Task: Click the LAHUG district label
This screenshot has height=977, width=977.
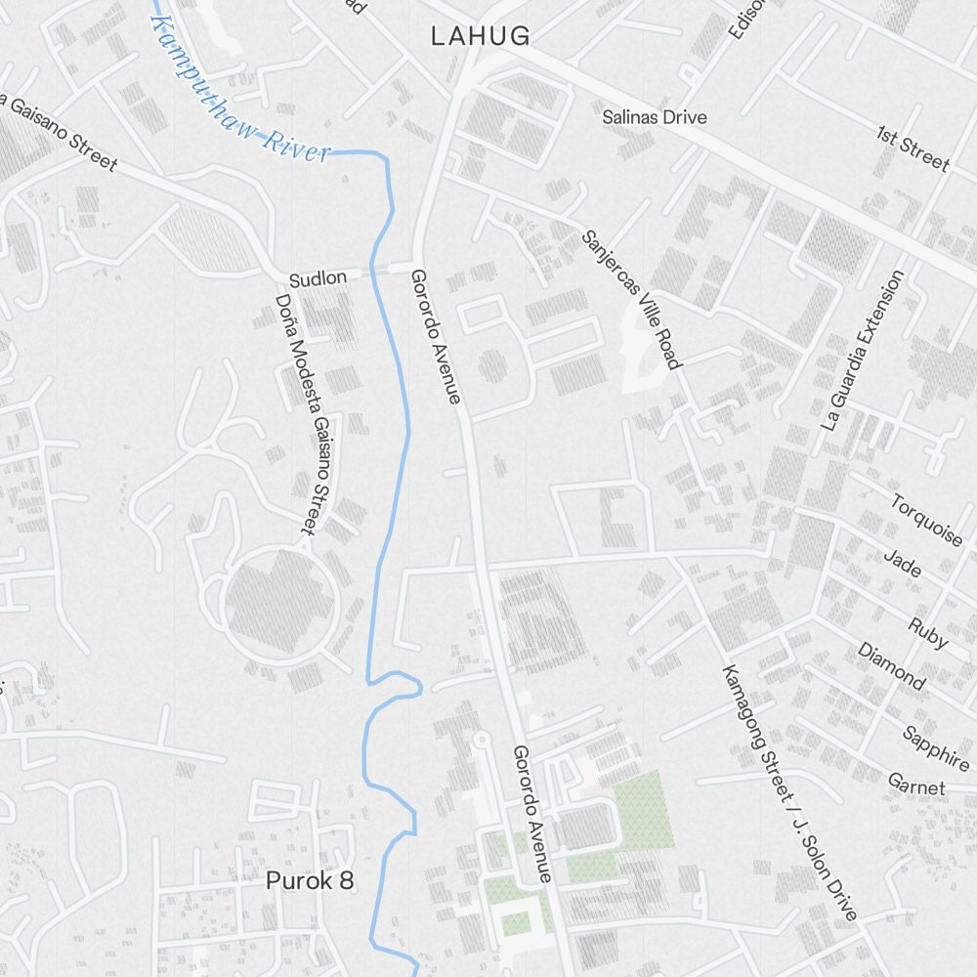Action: pyautogui.click(x=481, y=37)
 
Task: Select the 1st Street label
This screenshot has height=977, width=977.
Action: pyautogui.click(x=913, y=148)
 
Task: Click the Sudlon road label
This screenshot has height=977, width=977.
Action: pyautogui.click(x=318, y=278)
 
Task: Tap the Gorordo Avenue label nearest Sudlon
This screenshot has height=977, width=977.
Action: pyautogui.click(x=435, y=336)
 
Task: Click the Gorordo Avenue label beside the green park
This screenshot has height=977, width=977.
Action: pyautogui.click(x=533, y=814)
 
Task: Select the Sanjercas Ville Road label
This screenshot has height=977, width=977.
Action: pyautogui.click(x=630, y=299)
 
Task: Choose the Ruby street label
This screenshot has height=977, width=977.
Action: pyautogui.click(x=927, y=633)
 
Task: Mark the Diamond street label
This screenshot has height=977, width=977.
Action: pyautogui.click(x=891, y=665)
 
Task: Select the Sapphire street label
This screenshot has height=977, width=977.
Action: pyautogui.click(x=935, y=748)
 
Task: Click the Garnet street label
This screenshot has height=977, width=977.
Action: pyautogui.click(x=916, y=785)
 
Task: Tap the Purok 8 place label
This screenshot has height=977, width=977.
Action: pyautogui.click(x=310, y=880)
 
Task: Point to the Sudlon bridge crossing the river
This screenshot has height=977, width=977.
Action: pyautogui.click(x=390, y=267)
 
